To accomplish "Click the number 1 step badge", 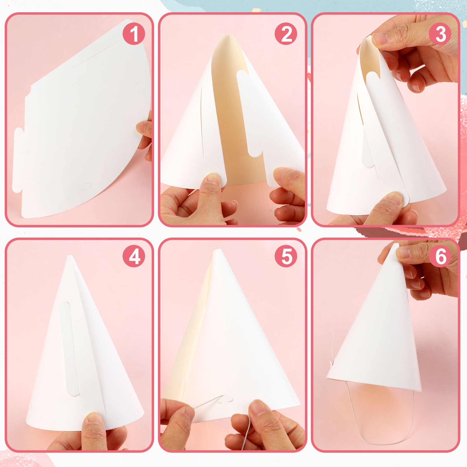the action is click(x=134, y=34).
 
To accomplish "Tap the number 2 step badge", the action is click(x=286, y=34).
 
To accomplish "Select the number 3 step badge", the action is click(x=440, y=34).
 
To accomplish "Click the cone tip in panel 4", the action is click(x=69, y=256).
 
